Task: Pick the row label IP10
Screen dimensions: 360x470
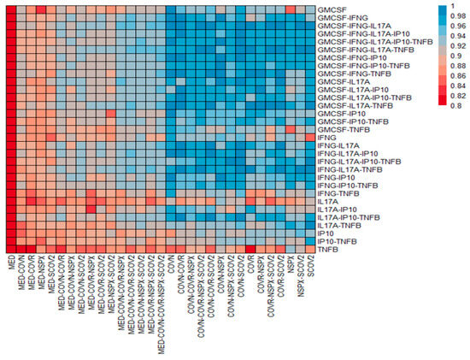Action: [x=325, y=233]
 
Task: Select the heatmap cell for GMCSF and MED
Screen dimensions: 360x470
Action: [x=10, y=9]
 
